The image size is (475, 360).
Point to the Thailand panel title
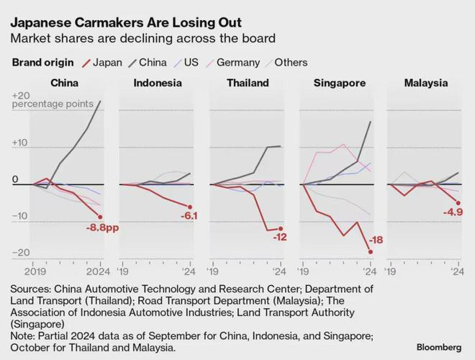coord(247,83)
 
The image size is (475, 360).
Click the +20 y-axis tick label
coord(21,96)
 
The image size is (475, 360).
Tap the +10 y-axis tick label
coord(21,143)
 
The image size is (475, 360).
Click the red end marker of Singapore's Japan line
coord(370,251)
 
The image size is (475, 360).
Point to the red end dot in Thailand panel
coord(280,228)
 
